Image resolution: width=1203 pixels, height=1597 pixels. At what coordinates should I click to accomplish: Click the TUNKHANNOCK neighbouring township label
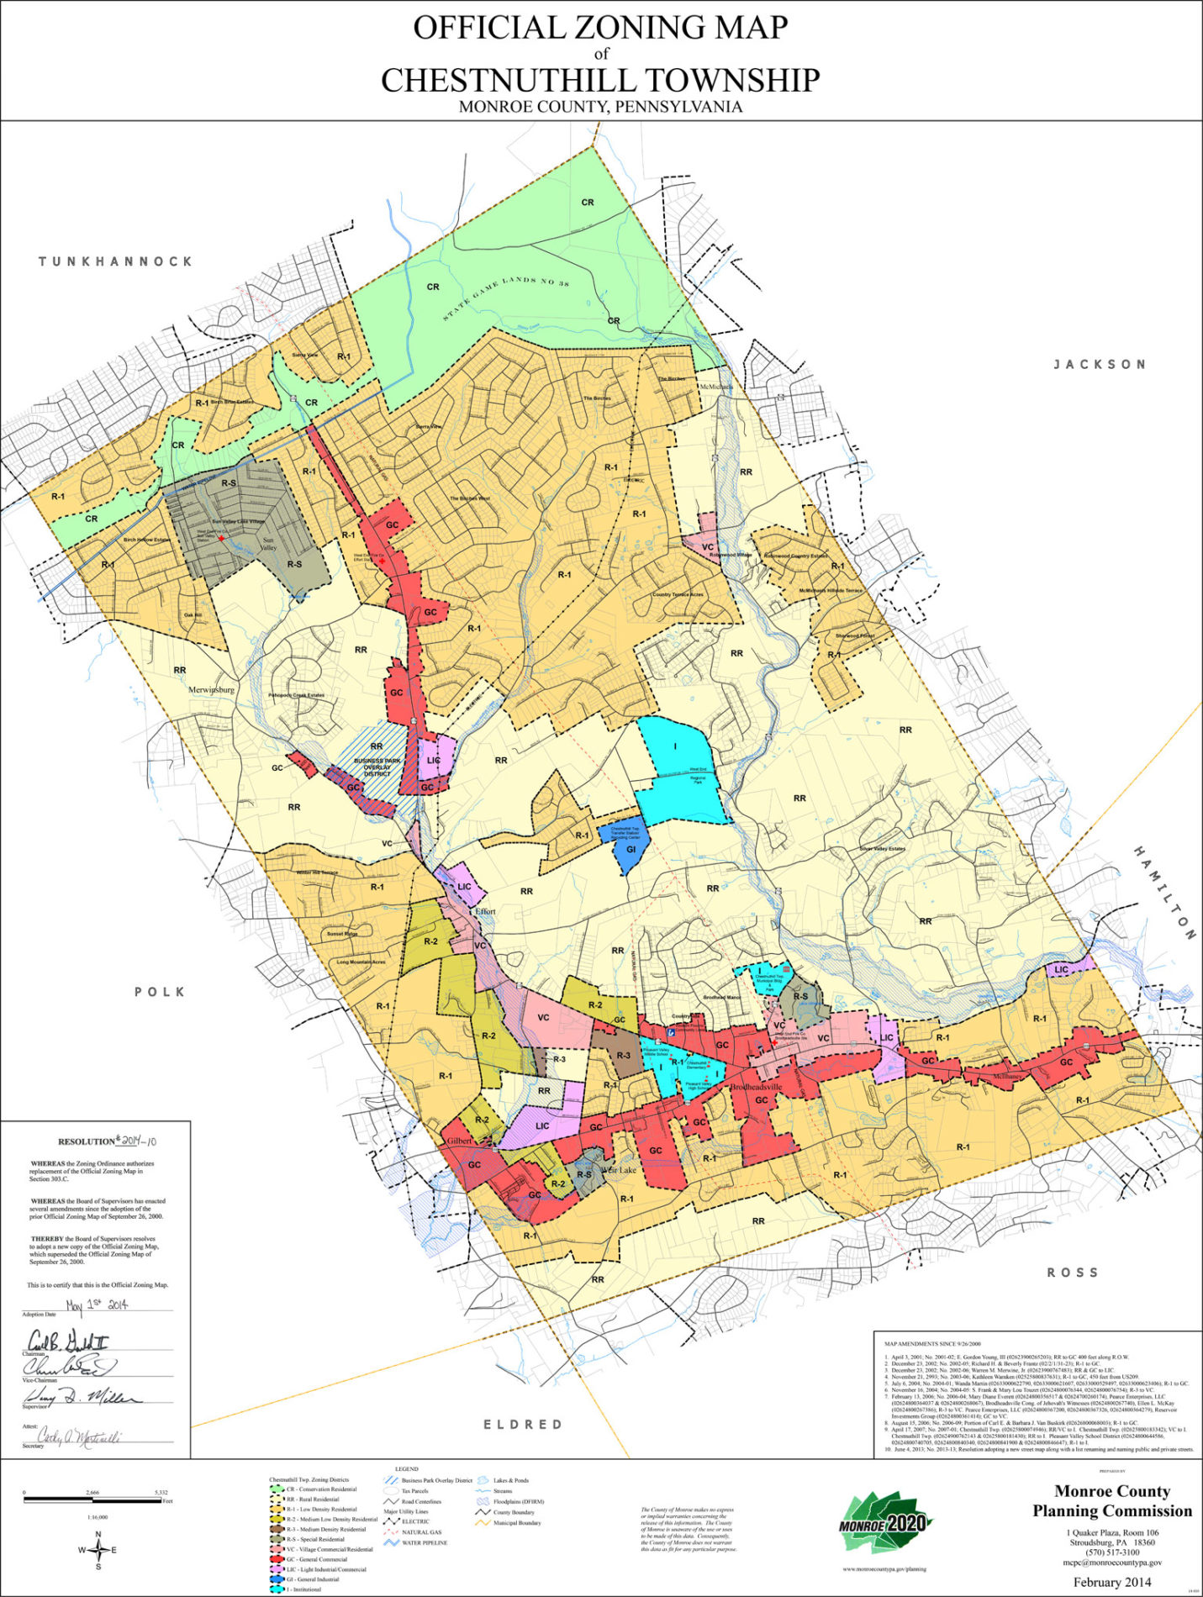tap(116, 261)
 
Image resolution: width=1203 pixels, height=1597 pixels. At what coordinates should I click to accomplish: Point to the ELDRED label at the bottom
tap(522, 1424)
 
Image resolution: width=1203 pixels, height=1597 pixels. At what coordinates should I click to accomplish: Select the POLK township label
tap(160, 992)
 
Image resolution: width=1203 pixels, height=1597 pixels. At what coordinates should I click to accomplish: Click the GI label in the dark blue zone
tap(631, 849)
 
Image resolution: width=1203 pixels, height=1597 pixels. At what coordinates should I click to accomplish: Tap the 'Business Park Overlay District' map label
tap(378, 767)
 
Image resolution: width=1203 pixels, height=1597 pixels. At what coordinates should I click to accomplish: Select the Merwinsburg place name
tap(211, 689)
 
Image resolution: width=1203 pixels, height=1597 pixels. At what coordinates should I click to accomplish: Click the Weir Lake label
tap(618, 1169)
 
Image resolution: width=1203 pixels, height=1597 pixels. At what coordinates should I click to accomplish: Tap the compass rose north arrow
tap(98, 1536)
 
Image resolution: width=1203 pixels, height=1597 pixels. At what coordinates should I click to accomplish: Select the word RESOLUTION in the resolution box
tap(87, 1141)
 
